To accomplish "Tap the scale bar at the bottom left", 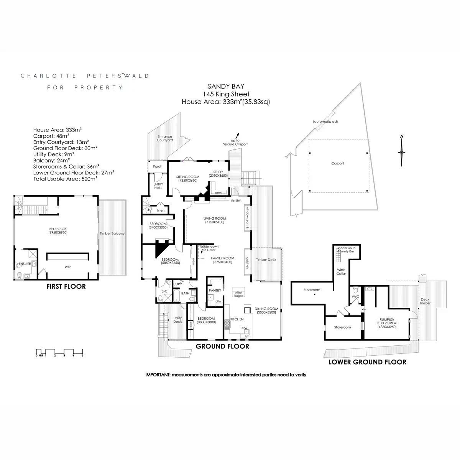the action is coord(59,352).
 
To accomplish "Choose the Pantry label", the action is coord(215,291).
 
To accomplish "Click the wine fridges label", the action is coord(238,294).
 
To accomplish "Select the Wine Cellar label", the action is coord(341,271).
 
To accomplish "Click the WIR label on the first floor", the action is coord(67,267).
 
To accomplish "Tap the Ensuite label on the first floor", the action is coord(25,264).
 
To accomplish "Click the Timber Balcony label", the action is coord(112,233).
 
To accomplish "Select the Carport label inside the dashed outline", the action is coord(338,163).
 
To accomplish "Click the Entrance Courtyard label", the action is coord(165,138).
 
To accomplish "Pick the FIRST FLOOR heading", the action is coord(66,286).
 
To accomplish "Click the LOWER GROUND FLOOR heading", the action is coord(367,362).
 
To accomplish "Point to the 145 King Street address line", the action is coord(226,94).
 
